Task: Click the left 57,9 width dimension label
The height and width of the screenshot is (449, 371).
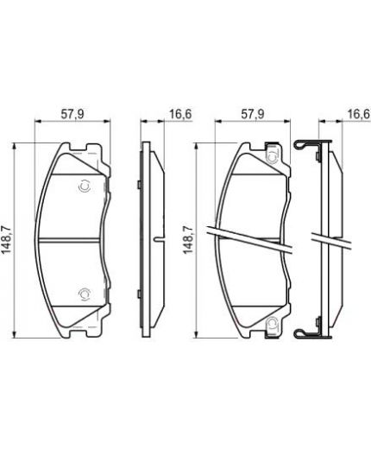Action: (72, 114)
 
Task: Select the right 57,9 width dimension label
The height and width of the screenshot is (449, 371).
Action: (252, 114)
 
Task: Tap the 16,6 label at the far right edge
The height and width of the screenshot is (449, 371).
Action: (359, 114)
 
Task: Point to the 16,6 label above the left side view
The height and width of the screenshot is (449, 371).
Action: (180, 114)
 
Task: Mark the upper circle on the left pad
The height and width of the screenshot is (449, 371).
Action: (85, 187)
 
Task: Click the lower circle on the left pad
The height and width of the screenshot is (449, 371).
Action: (85, 294)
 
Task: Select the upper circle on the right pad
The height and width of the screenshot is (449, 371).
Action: (273, 157)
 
